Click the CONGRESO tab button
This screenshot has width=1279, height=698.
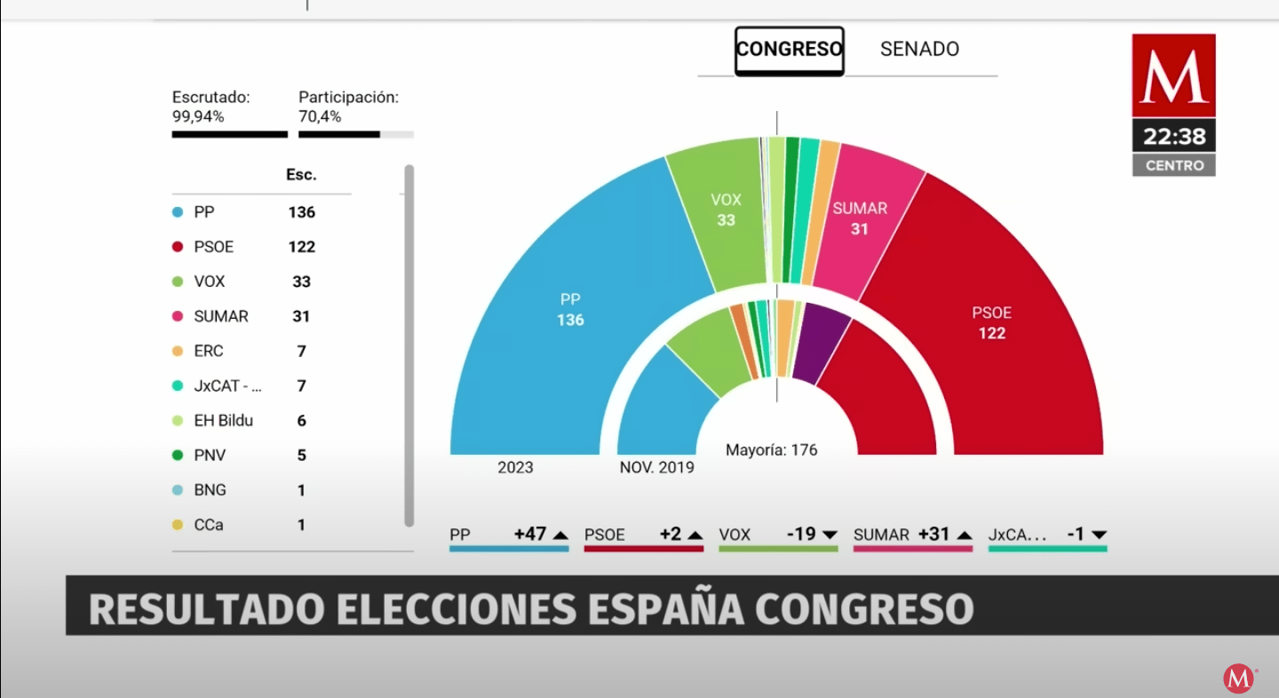click(789, 50)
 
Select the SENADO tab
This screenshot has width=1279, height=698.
click(919, 50)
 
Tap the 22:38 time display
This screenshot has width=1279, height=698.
click(1173, 137)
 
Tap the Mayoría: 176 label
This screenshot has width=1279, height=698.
click(771, 450)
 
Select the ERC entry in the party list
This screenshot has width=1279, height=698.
click(209, 352)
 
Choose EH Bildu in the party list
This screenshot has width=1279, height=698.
click(223, 421)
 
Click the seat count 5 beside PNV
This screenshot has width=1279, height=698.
click(301, 456)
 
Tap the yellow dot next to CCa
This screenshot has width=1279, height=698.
click(178, 525)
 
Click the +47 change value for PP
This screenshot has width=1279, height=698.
click(530, 535)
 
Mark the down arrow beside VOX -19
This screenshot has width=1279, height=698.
click(830, 535)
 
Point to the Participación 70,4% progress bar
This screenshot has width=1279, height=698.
click(355, 134)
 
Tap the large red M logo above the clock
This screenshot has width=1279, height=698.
click(1173, 75)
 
